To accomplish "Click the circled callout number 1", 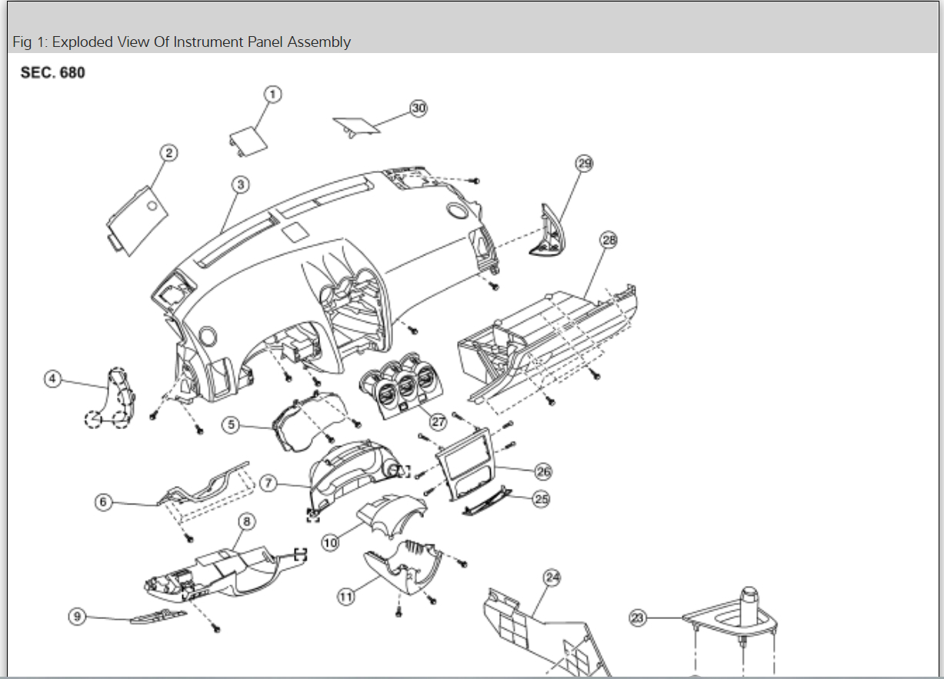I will coord(272,94).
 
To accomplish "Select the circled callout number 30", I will coord(418,108).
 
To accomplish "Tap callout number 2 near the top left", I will coord(168,153).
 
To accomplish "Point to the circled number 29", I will coord(585,163).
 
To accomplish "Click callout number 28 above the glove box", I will coord(609,241).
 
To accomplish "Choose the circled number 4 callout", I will coord(52,379).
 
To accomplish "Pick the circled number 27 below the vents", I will coord(439,421).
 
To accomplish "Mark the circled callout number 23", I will coord(637,617).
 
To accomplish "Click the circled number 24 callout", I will coord(551,577).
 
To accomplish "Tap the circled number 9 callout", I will coord(76,616).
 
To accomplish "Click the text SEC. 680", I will coord(53,73).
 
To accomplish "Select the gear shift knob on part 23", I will coord(750,601).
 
